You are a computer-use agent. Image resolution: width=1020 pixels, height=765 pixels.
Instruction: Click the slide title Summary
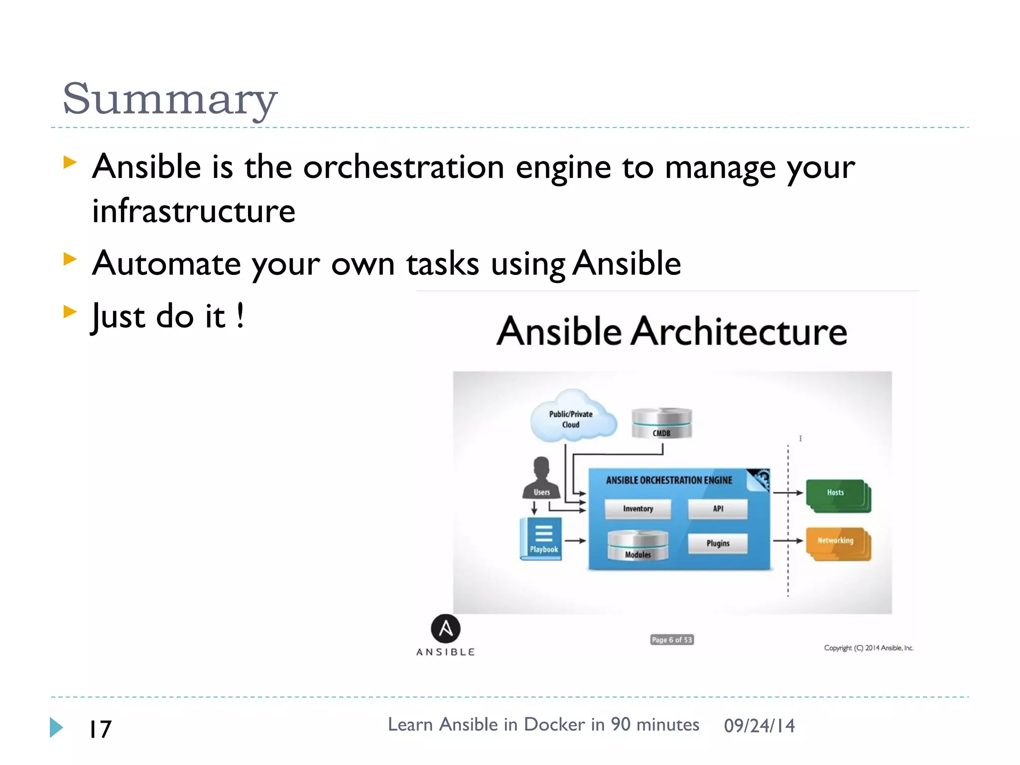(x=169, y=99)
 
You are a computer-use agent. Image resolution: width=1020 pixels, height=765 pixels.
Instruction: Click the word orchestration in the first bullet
(x=403, y=167)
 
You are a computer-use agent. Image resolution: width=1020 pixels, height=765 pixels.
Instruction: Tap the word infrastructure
(x=194, y=211)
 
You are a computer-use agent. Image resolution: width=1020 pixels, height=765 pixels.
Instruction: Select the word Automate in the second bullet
(x=166, y=263)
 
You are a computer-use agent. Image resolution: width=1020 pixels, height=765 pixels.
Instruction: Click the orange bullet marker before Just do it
(x=70, y=312)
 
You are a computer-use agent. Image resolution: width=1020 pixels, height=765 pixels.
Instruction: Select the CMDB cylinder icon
(x=661, y=423)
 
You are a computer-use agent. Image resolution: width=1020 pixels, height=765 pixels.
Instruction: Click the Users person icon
(x=541, y=478)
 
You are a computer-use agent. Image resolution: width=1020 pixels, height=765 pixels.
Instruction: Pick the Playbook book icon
(x=541, y=538)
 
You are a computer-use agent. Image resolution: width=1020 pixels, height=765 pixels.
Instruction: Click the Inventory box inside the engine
(x=637, y=509)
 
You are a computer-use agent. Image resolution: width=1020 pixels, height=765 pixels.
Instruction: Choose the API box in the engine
(x=718, y=509)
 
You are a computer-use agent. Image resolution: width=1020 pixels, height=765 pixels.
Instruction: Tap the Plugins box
(x=718, y=543)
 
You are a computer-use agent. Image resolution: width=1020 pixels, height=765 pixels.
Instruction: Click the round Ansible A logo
(x=445, y=629)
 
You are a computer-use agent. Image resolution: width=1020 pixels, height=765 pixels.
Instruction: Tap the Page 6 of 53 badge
(x=671, y=639)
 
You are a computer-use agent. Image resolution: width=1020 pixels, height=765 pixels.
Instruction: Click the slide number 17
(x=100, y=729)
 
